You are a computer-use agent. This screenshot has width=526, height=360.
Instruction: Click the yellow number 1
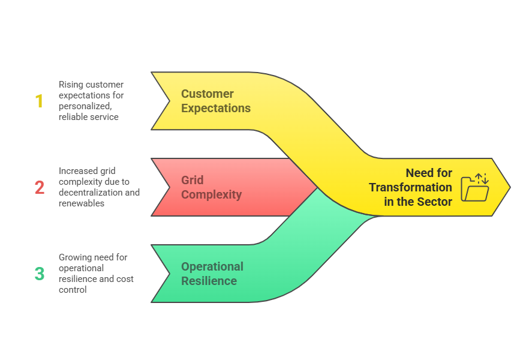(40, 101)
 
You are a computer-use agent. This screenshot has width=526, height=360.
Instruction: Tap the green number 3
(40, 274)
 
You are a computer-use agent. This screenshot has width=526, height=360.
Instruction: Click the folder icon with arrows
(474, 188)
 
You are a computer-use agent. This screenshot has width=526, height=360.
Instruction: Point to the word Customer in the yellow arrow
(208, 94)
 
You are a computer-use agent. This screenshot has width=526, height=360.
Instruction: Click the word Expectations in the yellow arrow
(216, 109)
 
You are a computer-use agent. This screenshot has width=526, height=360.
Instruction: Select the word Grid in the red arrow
(192, 180)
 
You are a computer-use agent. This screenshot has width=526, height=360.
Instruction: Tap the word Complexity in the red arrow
(211, 194)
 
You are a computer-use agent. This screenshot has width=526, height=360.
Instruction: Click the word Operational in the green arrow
(212, 267)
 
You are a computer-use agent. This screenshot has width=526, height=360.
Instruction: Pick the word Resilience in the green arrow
(209, 281)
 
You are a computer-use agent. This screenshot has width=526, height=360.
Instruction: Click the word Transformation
(410, 187)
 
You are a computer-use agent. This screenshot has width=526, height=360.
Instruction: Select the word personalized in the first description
(85, 106)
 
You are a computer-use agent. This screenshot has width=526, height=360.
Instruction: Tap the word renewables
(82, 203)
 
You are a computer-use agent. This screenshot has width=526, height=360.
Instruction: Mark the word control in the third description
(73, 290)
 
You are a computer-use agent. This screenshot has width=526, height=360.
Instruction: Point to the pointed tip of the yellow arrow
(510, 187)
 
